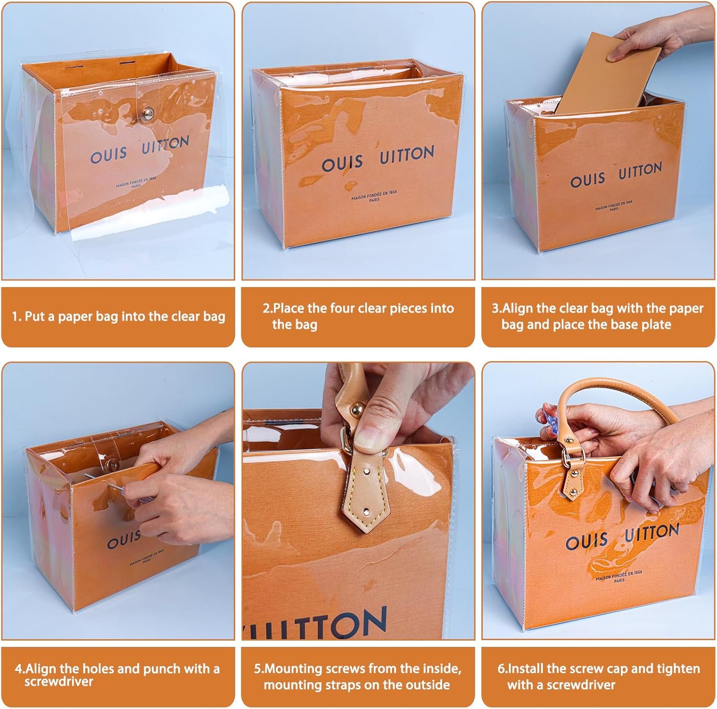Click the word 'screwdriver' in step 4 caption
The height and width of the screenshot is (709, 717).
tap(59, 681)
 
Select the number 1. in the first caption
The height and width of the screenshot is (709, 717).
tap(17, 316)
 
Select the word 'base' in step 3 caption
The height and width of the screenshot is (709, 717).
tap(608, 325)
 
